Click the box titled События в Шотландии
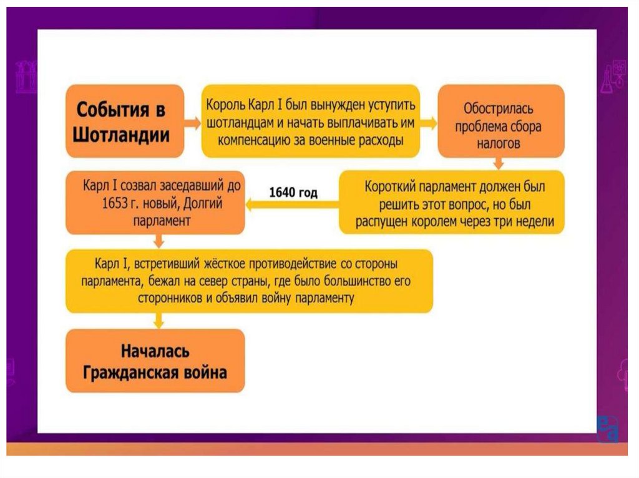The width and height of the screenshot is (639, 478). coord(125,122)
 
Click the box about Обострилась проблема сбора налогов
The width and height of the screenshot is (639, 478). coord(501,121)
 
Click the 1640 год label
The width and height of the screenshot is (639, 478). coord(293,193)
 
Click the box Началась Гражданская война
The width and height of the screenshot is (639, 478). coord(155,361)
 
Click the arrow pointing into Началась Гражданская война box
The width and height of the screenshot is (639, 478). coord(159,320)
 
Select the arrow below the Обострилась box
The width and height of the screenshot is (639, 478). coord(498,163)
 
